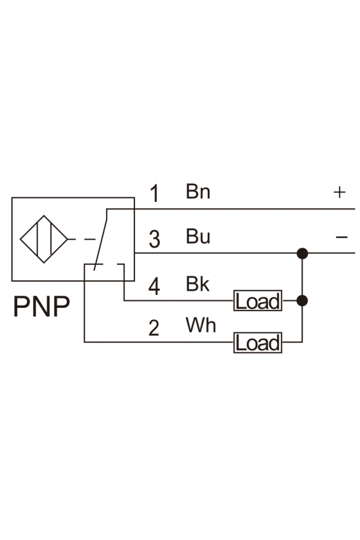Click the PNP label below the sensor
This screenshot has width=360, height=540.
[x=41, y=306]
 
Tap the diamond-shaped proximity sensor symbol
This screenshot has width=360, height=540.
[x=44, y=239]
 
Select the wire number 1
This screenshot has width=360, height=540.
[x=155, y=194]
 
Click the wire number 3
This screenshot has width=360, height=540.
[x=155, y=239]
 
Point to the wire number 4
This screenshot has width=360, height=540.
[x=154, y=287]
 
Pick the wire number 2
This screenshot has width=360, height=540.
[x=154, y=327]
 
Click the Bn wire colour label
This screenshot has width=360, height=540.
[x=198, y=191]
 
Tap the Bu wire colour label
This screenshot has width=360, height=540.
[x=198, y=237]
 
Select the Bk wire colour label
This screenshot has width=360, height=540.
[x=197, y=283]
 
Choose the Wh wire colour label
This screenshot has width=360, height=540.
[x=201, y=325]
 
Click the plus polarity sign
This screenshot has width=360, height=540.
[x=339, y=192]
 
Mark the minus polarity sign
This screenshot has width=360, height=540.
[x=342, y=237]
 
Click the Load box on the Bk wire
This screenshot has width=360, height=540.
[x=258, y=301]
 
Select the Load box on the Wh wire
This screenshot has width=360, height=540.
[x=258, y=343]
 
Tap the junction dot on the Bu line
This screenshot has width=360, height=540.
[x=302, y=253]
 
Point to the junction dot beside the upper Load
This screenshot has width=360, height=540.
[x=302, y=301]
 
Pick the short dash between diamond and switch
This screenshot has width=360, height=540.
[x=90, y=239]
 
